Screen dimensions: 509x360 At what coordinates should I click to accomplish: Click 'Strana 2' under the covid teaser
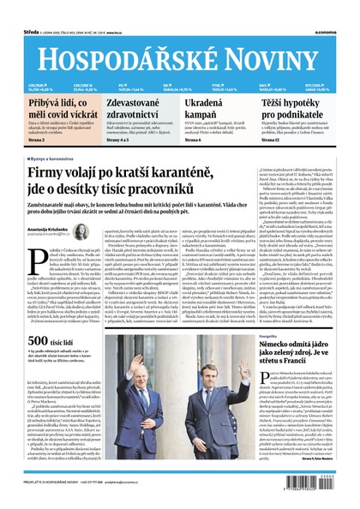pos(37,138)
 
